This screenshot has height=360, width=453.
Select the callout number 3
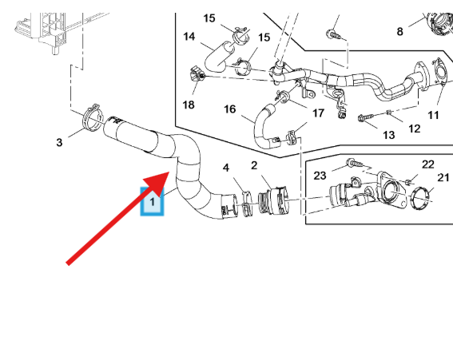point(59,143)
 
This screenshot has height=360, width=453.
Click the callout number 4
point(226,168)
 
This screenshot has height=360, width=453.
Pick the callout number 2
point(254,165)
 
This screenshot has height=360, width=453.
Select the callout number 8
point(400,32)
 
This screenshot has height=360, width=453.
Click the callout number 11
point(433,115)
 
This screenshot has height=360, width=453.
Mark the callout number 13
point(388,136)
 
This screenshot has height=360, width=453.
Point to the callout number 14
point(189,37)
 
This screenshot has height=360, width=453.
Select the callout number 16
point(230,109)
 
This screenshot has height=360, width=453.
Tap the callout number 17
point(318,113)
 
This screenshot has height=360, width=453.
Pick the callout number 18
point(189,105)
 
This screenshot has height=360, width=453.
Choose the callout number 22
point(428,164)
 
